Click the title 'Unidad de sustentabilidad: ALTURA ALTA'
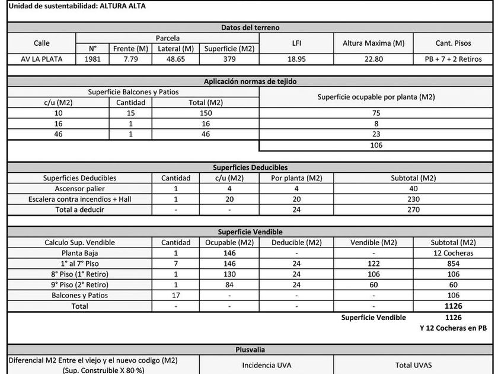pos(77,7)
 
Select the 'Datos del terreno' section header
pos(250,27)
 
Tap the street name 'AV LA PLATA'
pos(42,59)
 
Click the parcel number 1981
pos(92,59)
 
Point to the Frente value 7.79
pos(130,59)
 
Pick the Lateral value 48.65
pos(175,59)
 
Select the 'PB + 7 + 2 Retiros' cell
pos(453,59)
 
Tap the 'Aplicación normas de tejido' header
pos(250,81)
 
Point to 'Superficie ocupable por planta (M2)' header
pos(376,97)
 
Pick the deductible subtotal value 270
pos(413,210)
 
